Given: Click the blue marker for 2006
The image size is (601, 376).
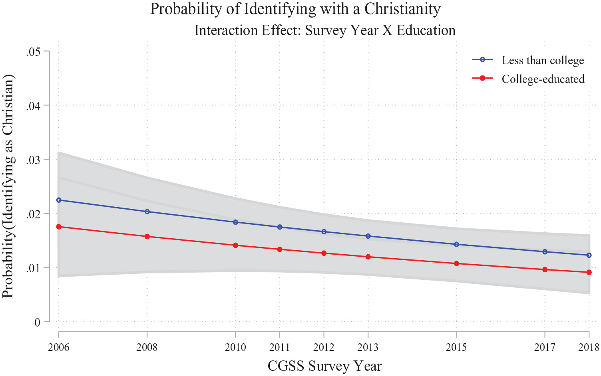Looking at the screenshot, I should coord(59,200).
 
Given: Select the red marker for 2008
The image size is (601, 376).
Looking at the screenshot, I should coord(147,236).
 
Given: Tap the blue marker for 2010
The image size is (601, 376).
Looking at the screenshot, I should coord(235,222).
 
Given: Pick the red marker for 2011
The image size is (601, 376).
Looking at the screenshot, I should coord(280,249).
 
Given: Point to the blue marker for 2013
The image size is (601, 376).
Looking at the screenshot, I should coord(368,236).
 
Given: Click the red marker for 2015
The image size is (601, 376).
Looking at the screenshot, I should coord(456,263).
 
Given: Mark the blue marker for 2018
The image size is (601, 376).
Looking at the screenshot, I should coord(589,255).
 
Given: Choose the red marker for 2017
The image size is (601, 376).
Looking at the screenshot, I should coord(545,269).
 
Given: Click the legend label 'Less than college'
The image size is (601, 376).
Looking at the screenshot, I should coord(543,60).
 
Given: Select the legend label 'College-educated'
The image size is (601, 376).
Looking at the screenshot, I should coord(543,79).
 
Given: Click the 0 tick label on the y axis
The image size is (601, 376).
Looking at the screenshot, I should coord(38,322).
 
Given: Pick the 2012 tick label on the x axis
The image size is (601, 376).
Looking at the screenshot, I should coord(324,347).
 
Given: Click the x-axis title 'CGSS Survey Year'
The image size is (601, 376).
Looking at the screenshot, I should coord(324,366).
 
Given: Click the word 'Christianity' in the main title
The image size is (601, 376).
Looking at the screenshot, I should coord(400,9).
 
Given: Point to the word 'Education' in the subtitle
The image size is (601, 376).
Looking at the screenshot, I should coord(426,30).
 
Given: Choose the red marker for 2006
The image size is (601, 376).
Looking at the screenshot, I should coord(59,227).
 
